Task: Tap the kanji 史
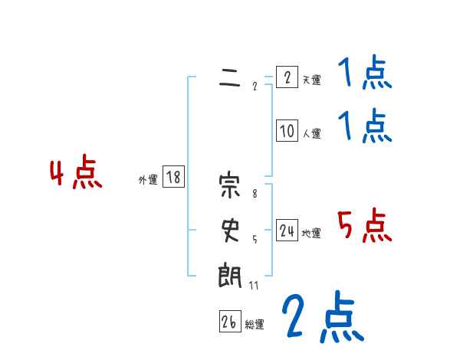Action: pos(229,230)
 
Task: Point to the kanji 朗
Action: pos(229,273)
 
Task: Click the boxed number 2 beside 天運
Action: pos(287,77)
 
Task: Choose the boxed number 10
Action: pos(287,131)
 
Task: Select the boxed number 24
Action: pos(287,231)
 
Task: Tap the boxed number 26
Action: pos(229,323)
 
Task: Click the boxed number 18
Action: pos(173,178)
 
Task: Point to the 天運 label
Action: pos(310,80)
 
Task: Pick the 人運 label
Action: pos(310,133)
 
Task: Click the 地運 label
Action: pos(310,233)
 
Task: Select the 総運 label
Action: pos(254,325)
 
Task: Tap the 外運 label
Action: pos(148,180)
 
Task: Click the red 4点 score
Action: pos(76,173)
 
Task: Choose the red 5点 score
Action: pos(365,224)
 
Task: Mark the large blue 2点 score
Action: pos(322,316)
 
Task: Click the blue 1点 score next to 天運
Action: pos(364,74)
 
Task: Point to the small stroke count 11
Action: pos(254,286)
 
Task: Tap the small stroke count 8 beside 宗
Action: pos(255,195)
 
